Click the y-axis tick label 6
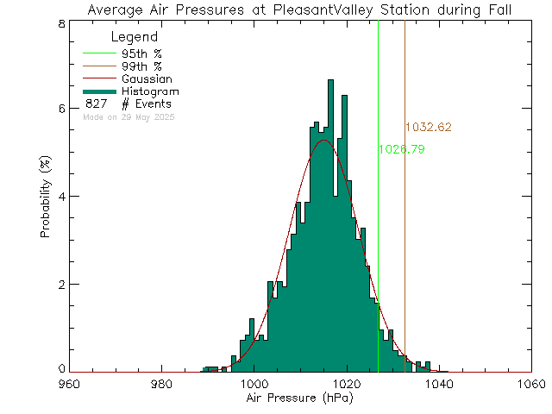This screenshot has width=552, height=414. coord(61,109)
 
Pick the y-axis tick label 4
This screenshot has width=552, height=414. coord(61,196)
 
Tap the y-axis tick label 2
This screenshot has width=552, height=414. coord(61,284)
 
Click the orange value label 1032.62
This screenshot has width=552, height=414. coord(428,127)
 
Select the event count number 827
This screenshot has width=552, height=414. coord(96,103)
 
